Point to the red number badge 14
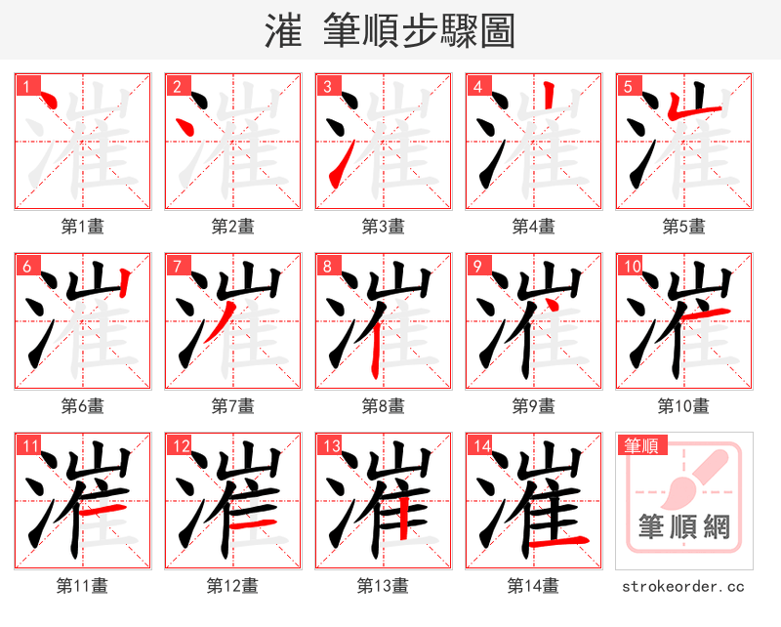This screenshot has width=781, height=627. [x=481, y=446]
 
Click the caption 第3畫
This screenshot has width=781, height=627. [x=383, y=227]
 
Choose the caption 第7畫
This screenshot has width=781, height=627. [x=232, y=405]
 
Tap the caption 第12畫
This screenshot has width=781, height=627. [x=232, y=586]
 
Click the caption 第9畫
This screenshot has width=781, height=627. [x=533, y=405]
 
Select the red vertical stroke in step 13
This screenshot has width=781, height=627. [x=401, y=513]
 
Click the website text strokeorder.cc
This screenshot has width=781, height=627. [x=683, y=586]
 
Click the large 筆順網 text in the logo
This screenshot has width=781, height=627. [x=683, y=527]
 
